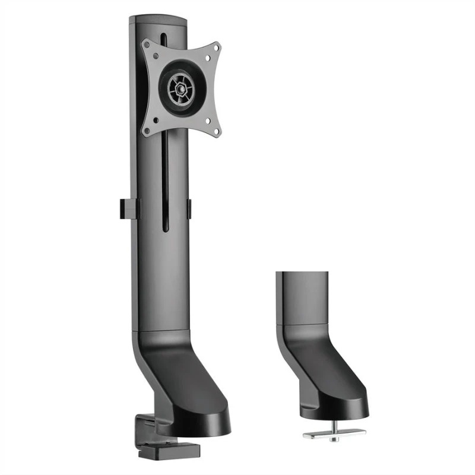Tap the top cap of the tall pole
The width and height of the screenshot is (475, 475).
[158, 20]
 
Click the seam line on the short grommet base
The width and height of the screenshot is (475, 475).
[302, 324]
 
